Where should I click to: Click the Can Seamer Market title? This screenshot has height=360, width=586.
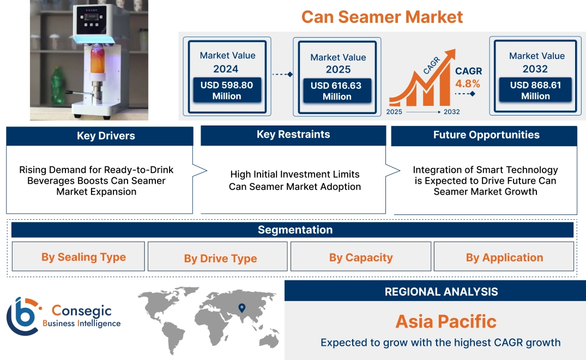tap(382, 17)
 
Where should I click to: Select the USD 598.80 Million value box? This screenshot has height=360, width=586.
tap(226, 91)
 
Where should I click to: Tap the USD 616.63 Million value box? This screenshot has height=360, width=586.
tap(336, 91)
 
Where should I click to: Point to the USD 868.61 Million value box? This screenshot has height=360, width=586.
tap(535, 91)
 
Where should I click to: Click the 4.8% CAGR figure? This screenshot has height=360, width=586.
tap(468, 83)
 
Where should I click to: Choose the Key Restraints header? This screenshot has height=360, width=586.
tap(293, 135)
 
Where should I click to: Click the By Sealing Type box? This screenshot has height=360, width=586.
tap(83, 257)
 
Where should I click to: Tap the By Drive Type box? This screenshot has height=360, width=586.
tap(220, 258)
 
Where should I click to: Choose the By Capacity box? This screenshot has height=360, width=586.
tap(361, 257)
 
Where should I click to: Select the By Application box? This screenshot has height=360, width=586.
tap(504, 257)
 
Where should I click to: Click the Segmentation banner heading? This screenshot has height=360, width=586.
tap(295, 230)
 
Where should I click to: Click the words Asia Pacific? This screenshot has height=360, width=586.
tap(446, 321)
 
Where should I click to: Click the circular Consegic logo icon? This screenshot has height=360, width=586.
tap(23, 316)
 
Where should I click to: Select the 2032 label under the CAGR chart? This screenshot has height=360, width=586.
tap(452, 112)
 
